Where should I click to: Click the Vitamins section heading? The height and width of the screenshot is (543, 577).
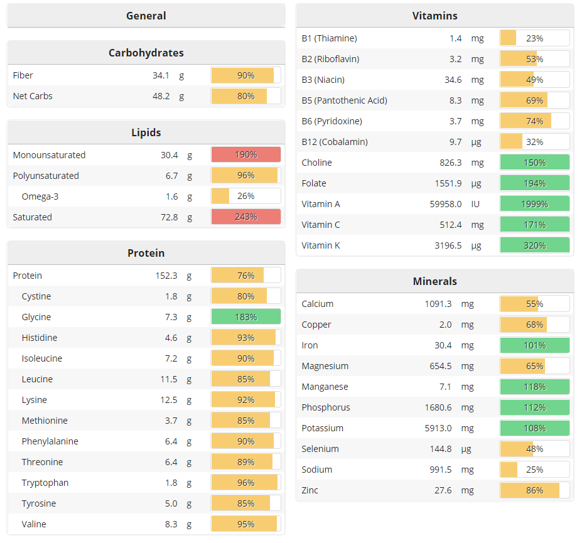coord(434,16)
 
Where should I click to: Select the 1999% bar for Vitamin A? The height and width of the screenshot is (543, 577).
coord(534,204)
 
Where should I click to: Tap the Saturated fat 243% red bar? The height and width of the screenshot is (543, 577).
coord(245,217)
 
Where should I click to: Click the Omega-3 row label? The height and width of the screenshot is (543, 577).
coord(40,196)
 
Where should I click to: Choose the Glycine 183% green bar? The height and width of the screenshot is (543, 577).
coord(245,317)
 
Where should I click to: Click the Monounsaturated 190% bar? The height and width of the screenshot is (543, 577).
coord(245,155)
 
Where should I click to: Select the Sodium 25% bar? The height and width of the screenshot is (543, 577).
coord(534,470)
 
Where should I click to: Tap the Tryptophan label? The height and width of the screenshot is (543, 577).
coord(45,483)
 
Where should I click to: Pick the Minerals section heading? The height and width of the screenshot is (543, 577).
coord(434,281)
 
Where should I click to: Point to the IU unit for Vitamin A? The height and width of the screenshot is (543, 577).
coord(476,204)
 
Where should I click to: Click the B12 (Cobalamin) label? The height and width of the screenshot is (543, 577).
coord(335,142)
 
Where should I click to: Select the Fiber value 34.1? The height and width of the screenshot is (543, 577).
coord(161,75)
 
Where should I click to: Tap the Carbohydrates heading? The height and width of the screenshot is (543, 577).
coord(146,53)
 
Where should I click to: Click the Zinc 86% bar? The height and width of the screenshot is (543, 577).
coord(534,490)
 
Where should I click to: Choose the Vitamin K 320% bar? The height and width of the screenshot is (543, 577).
coord(534,245)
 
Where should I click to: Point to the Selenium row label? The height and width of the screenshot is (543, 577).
coord(320,449)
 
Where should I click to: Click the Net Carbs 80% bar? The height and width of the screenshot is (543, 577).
coord(245,96)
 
